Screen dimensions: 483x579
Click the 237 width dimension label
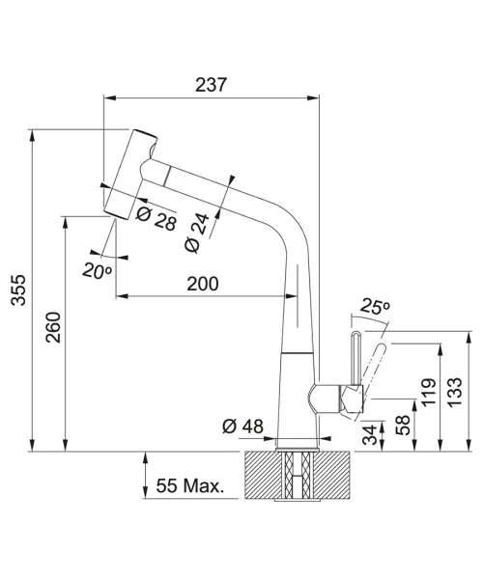point(211,85)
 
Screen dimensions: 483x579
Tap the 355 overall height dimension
point(18,289)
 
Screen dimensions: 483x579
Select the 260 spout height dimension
point(53,327)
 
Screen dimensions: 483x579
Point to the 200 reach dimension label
point(203,284)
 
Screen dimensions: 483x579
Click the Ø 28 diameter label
point(156,219)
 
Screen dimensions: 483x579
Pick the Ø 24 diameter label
point(197,233)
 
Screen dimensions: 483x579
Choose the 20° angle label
point(97,270)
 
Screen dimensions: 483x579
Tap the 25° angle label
point(375,306)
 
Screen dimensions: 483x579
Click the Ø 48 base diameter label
point(242,427)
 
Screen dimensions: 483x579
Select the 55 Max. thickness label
point(190,485)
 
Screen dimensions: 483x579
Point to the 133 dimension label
point(455,392)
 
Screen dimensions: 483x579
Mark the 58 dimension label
point(403,426)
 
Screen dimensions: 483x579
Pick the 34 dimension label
point(370,434)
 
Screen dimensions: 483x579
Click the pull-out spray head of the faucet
point(130,175)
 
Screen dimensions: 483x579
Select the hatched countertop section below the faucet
point(297,475)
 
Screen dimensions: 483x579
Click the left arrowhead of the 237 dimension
point(110,97)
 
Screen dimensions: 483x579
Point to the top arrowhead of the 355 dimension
point(33,135)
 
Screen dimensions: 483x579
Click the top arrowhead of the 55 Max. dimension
point(146,457)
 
